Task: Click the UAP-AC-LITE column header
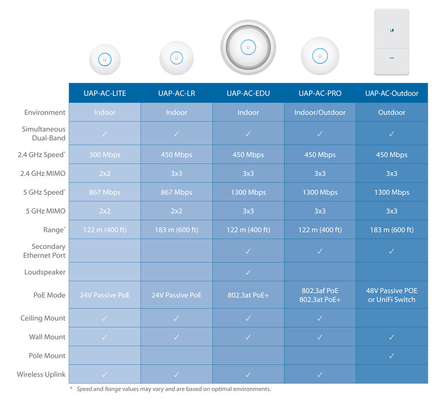tap(105, 93)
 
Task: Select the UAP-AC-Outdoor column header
tap(392, 93)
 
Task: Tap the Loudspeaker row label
tap(45, 272)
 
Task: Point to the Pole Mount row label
tap(47, 356)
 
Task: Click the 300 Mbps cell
tap(105, 154)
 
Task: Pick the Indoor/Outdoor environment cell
tap(320, 113)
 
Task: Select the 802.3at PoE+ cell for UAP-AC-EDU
tap(248, 295)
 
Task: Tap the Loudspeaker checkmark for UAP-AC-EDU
tap(248, 272)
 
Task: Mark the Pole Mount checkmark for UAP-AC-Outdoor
tap(392, 356)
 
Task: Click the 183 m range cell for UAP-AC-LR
tap(177, 230)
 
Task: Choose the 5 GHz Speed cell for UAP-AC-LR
tap(177, 192)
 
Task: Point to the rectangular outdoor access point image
tap(392, 42)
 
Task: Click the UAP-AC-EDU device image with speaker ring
tap(248, 47)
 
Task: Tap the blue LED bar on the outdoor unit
tap(392, 58)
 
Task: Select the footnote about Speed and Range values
tap(170, 389)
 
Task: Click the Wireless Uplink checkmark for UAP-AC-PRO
tap(320, 374)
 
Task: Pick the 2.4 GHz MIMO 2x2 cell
tap(105, 173)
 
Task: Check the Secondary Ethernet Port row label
tap(44, 251)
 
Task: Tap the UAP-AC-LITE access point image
tap(105, 59)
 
